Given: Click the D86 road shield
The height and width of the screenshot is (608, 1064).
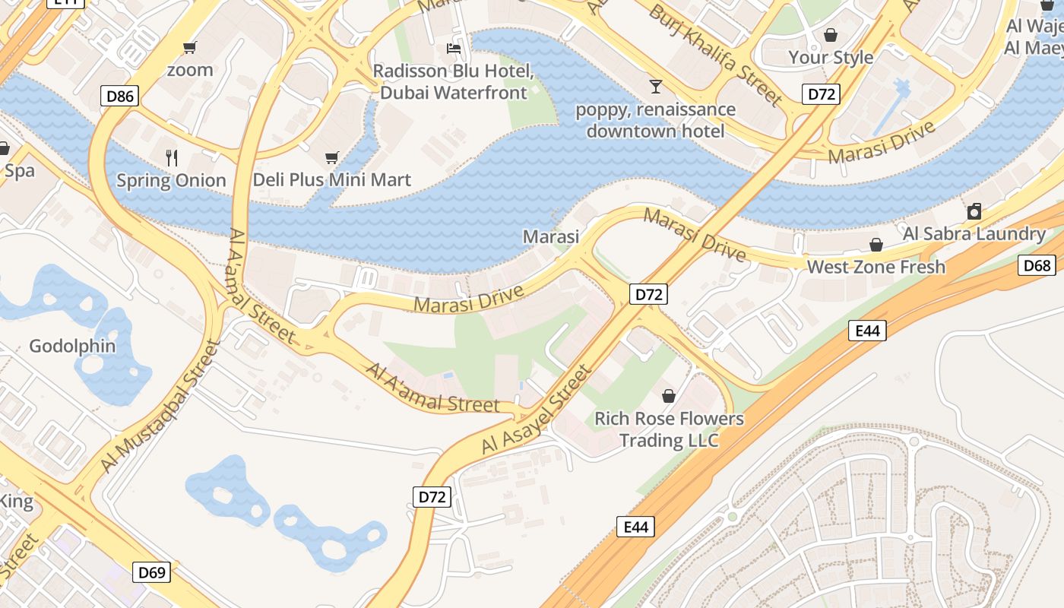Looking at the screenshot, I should [121, 96].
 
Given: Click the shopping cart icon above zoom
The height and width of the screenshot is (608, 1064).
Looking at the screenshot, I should [190, 48].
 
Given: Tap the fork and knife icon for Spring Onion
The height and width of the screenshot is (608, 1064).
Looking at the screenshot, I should [172, 158].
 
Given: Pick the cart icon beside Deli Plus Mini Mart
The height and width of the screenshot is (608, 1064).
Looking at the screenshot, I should [331, 158].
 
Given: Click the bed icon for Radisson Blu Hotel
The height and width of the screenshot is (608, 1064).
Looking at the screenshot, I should [454, 49].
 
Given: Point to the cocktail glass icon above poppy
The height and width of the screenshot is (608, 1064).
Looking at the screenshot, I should [655, 87].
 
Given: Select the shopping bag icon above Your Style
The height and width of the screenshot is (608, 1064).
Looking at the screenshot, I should [831, 35].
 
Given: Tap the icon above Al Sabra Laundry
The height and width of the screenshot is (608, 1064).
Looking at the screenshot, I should [974, 211].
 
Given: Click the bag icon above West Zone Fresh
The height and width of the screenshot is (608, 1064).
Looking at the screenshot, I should [876, 245].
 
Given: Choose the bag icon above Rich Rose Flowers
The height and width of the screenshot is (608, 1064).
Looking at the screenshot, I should [669, 396].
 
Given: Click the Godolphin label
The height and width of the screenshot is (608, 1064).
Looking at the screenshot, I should [72, 347].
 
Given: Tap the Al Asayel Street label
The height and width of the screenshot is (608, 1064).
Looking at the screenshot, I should [537, 410].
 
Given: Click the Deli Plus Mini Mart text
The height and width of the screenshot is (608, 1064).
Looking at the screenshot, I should [331, 180].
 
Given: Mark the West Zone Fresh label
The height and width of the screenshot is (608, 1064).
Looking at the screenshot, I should [876, 267].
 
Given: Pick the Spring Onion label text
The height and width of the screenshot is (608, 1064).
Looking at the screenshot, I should [172, 180].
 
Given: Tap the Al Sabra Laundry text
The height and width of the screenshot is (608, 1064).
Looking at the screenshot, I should [974, 233].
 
